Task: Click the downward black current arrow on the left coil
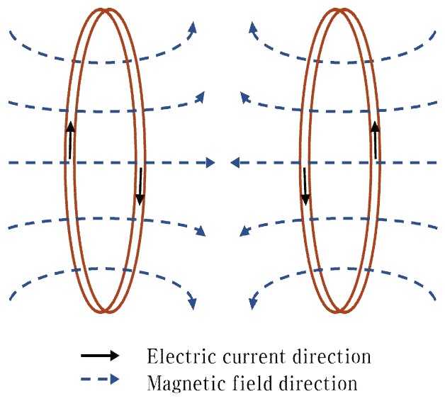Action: coord(140,186)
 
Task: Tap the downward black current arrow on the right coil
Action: coord(305,186)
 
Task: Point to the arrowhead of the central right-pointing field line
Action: coord(210,163)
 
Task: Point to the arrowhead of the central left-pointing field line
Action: coord(235,163)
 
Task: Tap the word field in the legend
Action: coord(244,383)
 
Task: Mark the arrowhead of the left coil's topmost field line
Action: coord(192,26)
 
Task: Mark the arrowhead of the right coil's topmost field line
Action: coord(253,27)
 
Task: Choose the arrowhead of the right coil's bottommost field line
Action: coord(252,304)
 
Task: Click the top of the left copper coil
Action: coord(105,11)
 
